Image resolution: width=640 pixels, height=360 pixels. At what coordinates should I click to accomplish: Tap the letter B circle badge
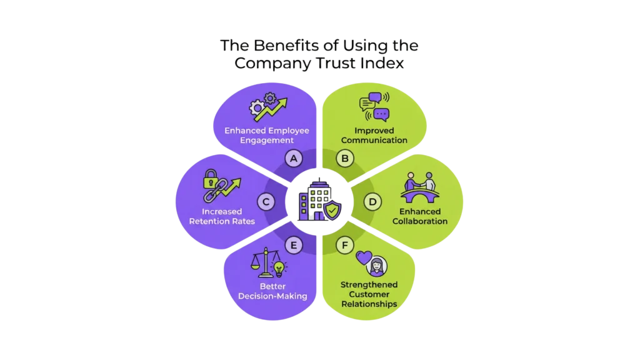click(x=344, y=159)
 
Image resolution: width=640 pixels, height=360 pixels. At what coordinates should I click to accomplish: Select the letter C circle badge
click(x=266, y=201)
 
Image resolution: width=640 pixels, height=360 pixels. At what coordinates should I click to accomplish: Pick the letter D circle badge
click(x=372, y=201)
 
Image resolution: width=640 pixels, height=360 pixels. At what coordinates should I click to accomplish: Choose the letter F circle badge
click(x=344, y=244)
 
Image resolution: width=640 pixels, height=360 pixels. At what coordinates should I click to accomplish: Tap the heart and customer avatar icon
click(x=369, y=263)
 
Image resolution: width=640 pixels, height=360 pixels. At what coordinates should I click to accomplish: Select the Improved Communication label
click(x=372, y=136)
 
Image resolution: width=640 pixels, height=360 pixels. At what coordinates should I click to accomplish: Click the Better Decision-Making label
click(x=272, y=291)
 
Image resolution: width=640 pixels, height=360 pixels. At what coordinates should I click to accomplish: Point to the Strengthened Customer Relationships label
click(x=369, y=294)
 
